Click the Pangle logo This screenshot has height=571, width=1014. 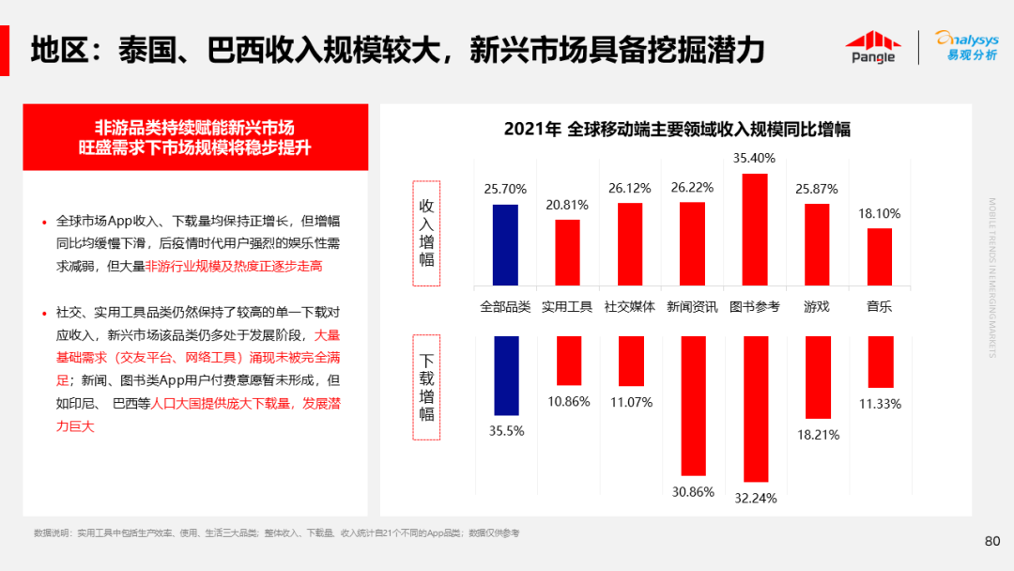click(871, 47)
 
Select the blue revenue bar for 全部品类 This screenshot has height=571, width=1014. click(505, 244)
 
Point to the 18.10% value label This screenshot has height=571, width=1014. click(879, 214)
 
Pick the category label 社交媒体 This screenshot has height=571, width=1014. click(629, 306)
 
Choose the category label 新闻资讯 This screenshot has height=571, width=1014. click(692, 306)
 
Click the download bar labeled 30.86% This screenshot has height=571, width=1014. click(693, 406)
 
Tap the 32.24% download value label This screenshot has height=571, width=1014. click(755, 499)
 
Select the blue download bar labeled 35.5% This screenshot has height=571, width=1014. click(506, 376)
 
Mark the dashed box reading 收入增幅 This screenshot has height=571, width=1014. click(426, 233)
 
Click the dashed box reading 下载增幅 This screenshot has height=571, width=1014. click(426, 387)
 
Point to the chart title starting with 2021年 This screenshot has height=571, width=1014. click(676, 130)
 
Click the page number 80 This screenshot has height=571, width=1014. click(991, 541)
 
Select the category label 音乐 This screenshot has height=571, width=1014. click(879, 306)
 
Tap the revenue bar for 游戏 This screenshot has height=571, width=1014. click(817, 244)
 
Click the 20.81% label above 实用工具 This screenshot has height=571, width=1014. click(567, 205)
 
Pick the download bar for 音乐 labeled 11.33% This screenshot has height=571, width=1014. click(880, 362)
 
